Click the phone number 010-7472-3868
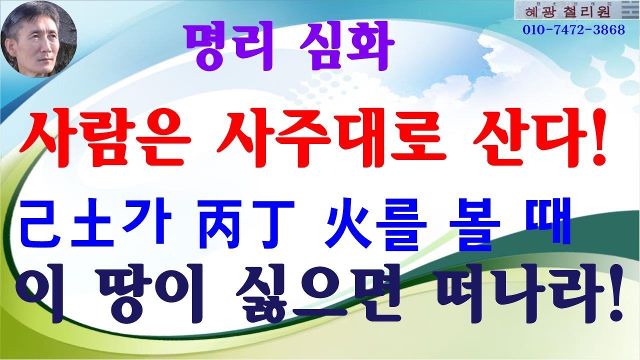(574, 30)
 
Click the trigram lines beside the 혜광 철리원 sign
(627, 10)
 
